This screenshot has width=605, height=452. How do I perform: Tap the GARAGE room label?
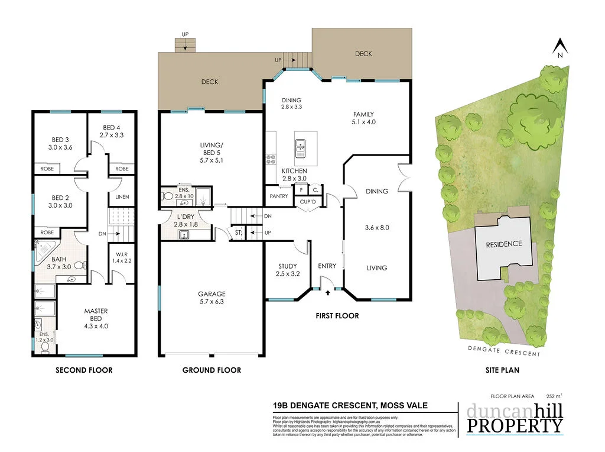(212, 294)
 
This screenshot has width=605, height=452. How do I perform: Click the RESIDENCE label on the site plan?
(503, 244)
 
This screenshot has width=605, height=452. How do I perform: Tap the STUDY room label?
(287, 266)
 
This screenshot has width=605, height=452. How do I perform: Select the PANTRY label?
(278, 196)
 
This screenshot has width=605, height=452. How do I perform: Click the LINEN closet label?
(122, 197)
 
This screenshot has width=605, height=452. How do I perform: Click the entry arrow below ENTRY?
(328, 292)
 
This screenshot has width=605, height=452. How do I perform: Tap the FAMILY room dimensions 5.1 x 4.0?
(364, 122)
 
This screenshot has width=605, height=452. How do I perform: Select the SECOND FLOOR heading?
(84, 370)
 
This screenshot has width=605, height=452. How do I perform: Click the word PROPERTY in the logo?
(515, 425)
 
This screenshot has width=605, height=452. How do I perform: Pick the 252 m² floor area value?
(554, 396)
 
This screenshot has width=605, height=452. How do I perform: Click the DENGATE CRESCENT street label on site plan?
(503, 353)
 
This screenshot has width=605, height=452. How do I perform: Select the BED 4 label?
(112, 127)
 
